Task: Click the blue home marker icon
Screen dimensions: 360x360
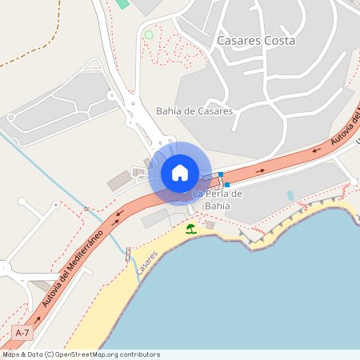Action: click(180, 173)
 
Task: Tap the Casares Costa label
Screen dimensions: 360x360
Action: click(256, 40)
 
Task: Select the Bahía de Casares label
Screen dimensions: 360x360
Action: click(194, 111)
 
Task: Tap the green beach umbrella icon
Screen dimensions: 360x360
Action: click(190, 229)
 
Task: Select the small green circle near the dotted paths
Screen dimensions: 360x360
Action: click(149, 34)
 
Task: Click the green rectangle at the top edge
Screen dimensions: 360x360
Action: click(122, 3)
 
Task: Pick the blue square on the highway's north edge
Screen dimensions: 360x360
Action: click(221, 174)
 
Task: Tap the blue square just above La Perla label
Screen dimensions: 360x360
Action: click(227, 185)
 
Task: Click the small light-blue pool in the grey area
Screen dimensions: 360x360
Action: click(290, 195)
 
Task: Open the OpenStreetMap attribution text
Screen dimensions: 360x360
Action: click(81, 354)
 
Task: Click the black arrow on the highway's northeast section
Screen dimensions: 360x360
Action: click(260, 170)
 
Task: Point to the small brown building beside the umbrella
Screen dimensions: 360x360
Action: click(210, 225)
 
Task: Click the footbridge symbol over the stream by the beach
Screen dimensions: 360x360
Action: click(128, 254)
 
